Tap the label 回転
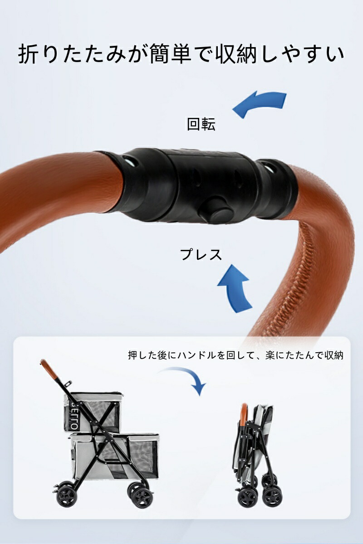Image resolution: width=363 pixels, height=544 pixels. [x=201, y=124]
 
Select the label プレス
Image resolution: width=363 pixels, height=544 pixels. [x=201, y=254]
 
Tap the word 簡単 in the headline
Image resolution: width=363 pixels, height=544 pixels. [x=170, y=54]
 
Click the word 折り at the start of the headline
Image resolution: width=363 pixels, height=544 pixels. [x=39, y=54]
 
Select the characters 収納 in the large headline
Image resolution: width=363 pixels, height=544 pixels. [x=236, y=54]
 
